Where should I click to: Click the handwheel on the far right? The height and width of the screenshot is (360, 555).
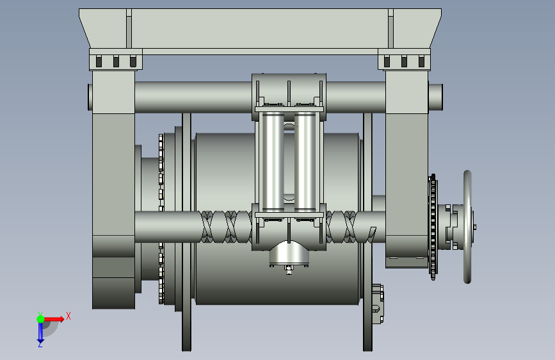point(467,227)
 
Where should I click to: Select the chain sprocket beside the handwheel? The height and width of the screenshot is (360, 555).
point(433,227)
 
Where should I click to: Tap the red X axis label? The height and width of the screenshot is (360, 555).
point(68,316)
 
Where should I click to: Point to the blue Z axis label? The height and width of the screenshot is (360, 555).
point(40,344)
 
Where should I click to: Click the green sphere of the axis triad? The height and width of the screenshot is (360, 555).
point(41,319)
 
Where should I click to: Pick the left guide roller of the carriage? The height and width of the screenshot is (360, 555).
point(273,162)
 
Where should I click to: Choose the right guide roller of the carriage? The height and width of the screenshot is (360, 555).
point(305,162)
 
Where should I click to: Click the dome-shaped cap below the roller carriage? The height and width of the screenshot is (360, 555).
point(289,253)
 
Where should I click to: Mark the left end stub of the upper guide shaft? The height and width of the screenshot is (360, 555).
point(90,97)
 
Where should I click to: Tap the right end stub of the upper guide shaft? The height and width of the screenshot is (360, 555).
point(436,97)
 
